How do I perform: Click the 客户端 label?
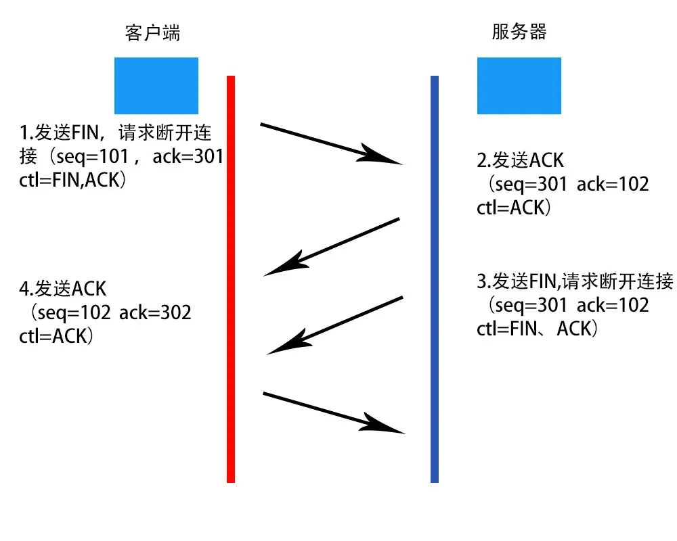pyautogui.click(x=153, y=32)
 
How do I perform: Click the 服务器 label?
pyautogui.click(x=519, y=32)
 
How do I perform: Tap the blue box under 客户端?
pyautogui.click(x=156, y=85)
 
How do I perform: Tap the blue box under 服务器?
pyautogui.click(x=519, y=85)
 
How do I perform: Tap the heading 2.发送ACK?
pyautogui.click(x=520, y=160)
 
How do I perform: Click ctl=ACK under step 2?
pyautogui.click(x=515, y=207)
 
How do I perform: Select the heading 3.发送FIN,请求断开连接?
pyautogui.click(x=575, y=281)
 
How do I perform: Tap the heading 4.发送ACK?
pyautogui.click(x=63, y=289)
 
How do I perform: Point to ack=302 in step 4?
pyautogui.click(x=155, y=312)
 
